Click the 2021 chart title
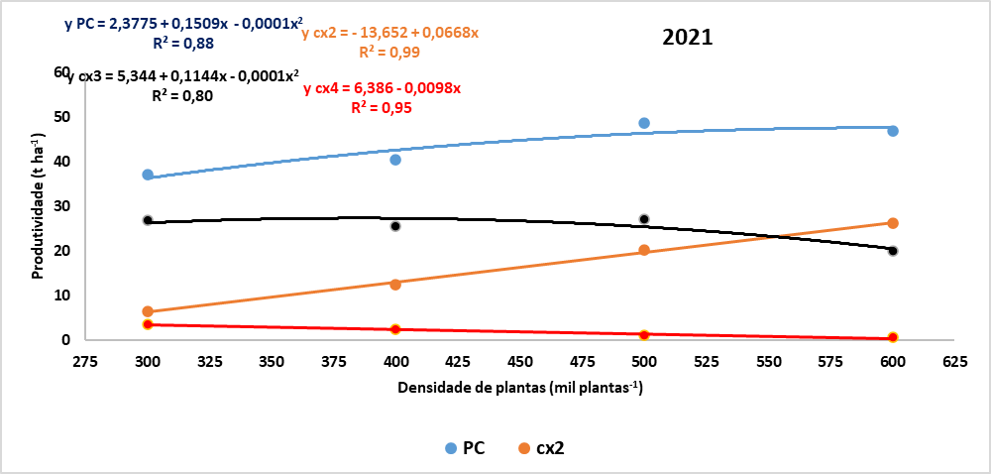(688, 39)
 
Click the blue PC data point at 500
(644, 123)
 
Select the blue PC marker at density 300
(148, 175)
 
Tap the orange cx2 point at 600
(893, 223)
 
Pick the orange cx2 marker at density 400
(395, 284)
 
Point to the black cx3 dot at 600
(893, 251)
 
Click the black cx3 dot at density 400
(395, 226)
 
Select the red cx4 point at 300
(148, 324)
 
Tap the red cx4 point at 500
(644, 335)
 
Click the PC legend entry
(464, 448)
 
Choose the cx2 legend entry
(540, 448)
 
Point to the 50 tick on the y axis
(60, 117)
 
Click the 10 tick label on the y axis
(60, 296)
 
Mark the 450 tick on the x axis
(520, 363)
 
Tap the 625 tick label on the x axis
(955, 363)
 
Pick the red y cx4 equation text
(382, 88)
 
